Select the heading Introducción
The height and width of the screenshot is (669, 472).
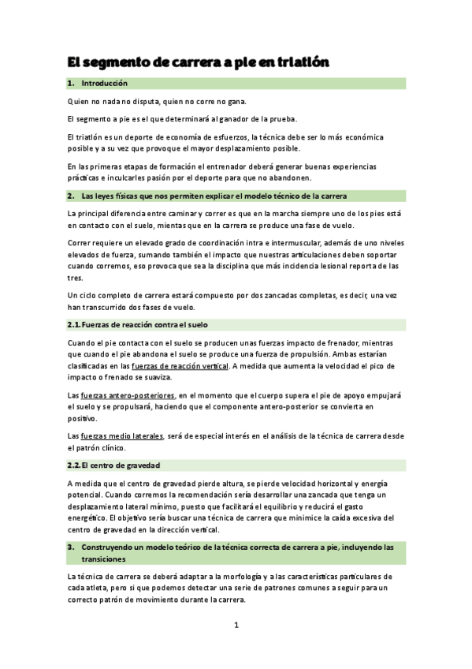click(x=104, y=83)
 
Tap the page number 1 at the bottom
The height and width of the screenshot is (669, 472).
click(x=236, y=625)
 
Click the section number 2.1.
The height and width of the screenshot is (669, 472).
click(x=74, y=324)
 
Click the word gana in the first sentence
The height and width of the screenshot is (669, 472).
click(x=237, y=102)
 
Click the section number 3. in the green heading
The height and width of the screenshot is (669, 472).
click(x=71, y=546)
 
